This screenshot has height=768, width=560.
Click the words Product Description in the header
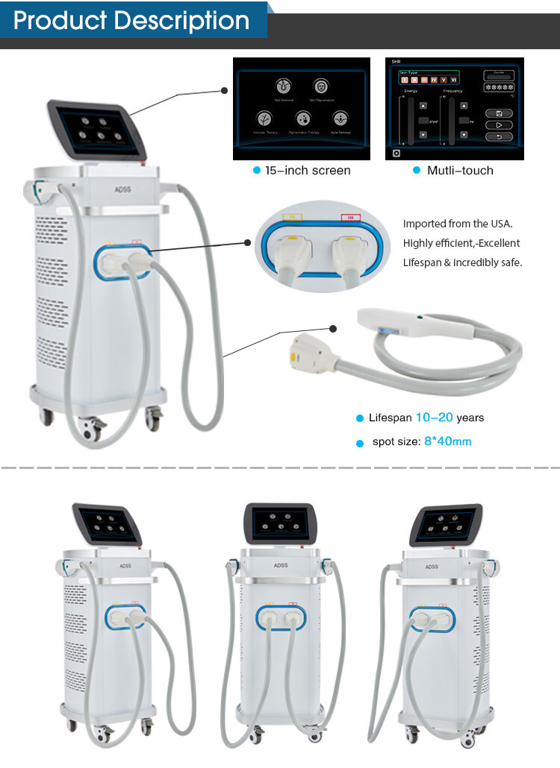tap(131, 20)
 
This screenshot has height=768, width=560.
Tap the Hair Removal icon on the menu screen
tap(284, 85)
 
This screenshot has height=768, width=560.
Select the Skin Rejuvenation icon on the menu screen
tap(320, 85)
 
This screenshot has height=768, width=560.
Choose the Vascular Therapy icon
tap(264, 118)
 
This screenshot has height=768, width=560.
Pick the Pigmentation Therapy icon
tap(303, 118)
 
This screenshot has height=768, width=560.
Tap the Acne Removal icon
tap(340, 118)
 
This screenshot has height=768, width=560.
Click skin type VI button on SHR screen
tap(453, 79)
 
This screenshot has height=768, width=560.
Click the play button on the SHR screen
tap(498, 125)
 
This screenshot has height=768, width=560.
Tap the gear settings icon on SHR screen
tap(396, 152)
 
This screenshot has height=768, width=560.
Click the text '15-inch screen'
tap(308, 171)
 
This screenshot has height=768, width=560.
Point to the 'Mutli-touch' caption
tap(460, 171)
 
